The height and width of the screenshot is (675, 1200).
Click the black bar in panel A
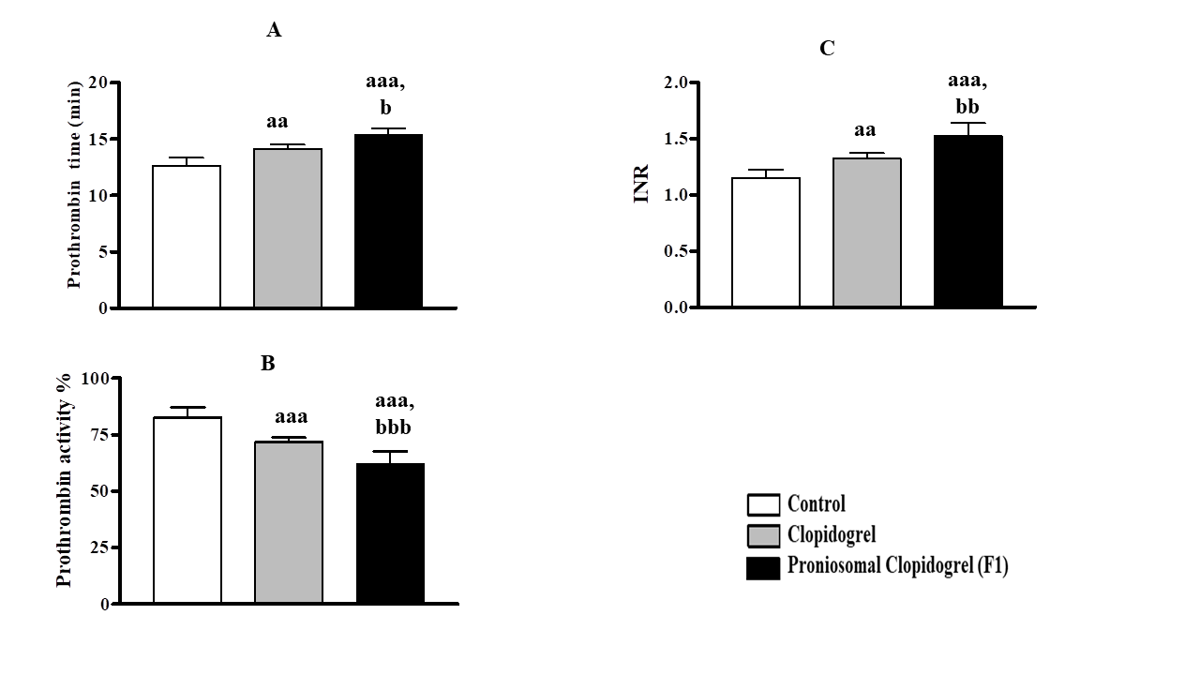389,221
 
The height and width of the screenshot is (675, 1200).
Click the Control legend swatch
763,505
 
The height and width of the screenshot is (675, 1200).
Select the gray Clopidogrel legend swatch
763,536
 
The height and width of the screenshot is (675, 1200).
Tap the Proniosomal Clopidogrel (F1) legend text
898,566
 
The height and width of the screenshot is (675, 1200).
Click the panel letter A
274,31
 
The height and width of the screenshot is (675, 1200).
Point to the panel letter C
827,49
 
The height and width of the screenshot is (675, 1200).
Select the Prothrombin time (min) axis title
75,195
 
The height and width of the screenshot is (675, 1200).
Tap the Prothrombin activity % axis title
64,480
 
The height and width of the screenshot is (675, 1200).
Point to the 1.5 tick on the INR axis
676,139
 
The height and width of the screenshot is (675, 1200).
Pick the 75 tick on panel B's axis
97,435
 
